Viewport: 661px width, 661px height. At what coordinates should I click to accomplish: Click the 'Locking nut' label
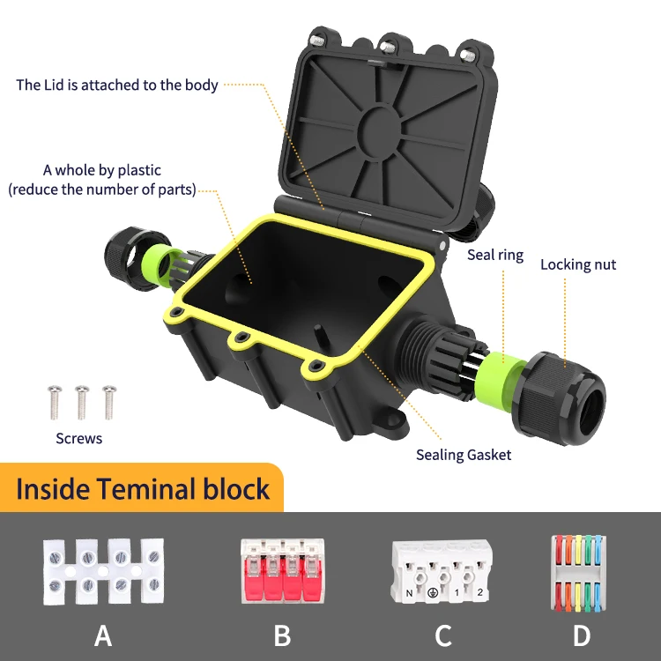tap(577, 264)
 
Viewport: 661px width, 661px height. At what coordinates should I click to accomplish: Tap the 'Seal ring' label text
tap(494, 255)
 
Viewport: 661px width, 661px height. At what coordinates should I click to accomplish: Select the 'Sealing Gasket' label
tap(464, 455)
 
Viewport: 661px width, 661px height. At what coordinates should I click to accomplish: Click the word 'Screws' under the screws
tap(79, 438)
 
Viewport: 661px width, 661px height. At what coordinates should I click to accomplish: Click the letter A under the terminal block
tap(103, 635)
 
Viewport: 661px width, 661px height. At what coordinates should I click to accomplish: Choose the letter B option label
tap(282, 635)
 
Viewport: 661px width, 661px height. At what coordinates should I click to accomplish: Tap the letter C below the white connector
tap(443, 635)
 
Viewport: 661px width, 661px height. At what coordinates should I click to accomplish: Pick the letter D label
tap(582, 635)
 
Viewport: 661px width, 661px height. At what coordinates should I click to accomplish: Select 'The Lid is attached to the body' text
tap(117, 85)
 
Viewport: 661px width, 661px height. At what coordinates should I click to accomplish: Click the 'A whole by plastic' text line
tap(102, 170)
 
